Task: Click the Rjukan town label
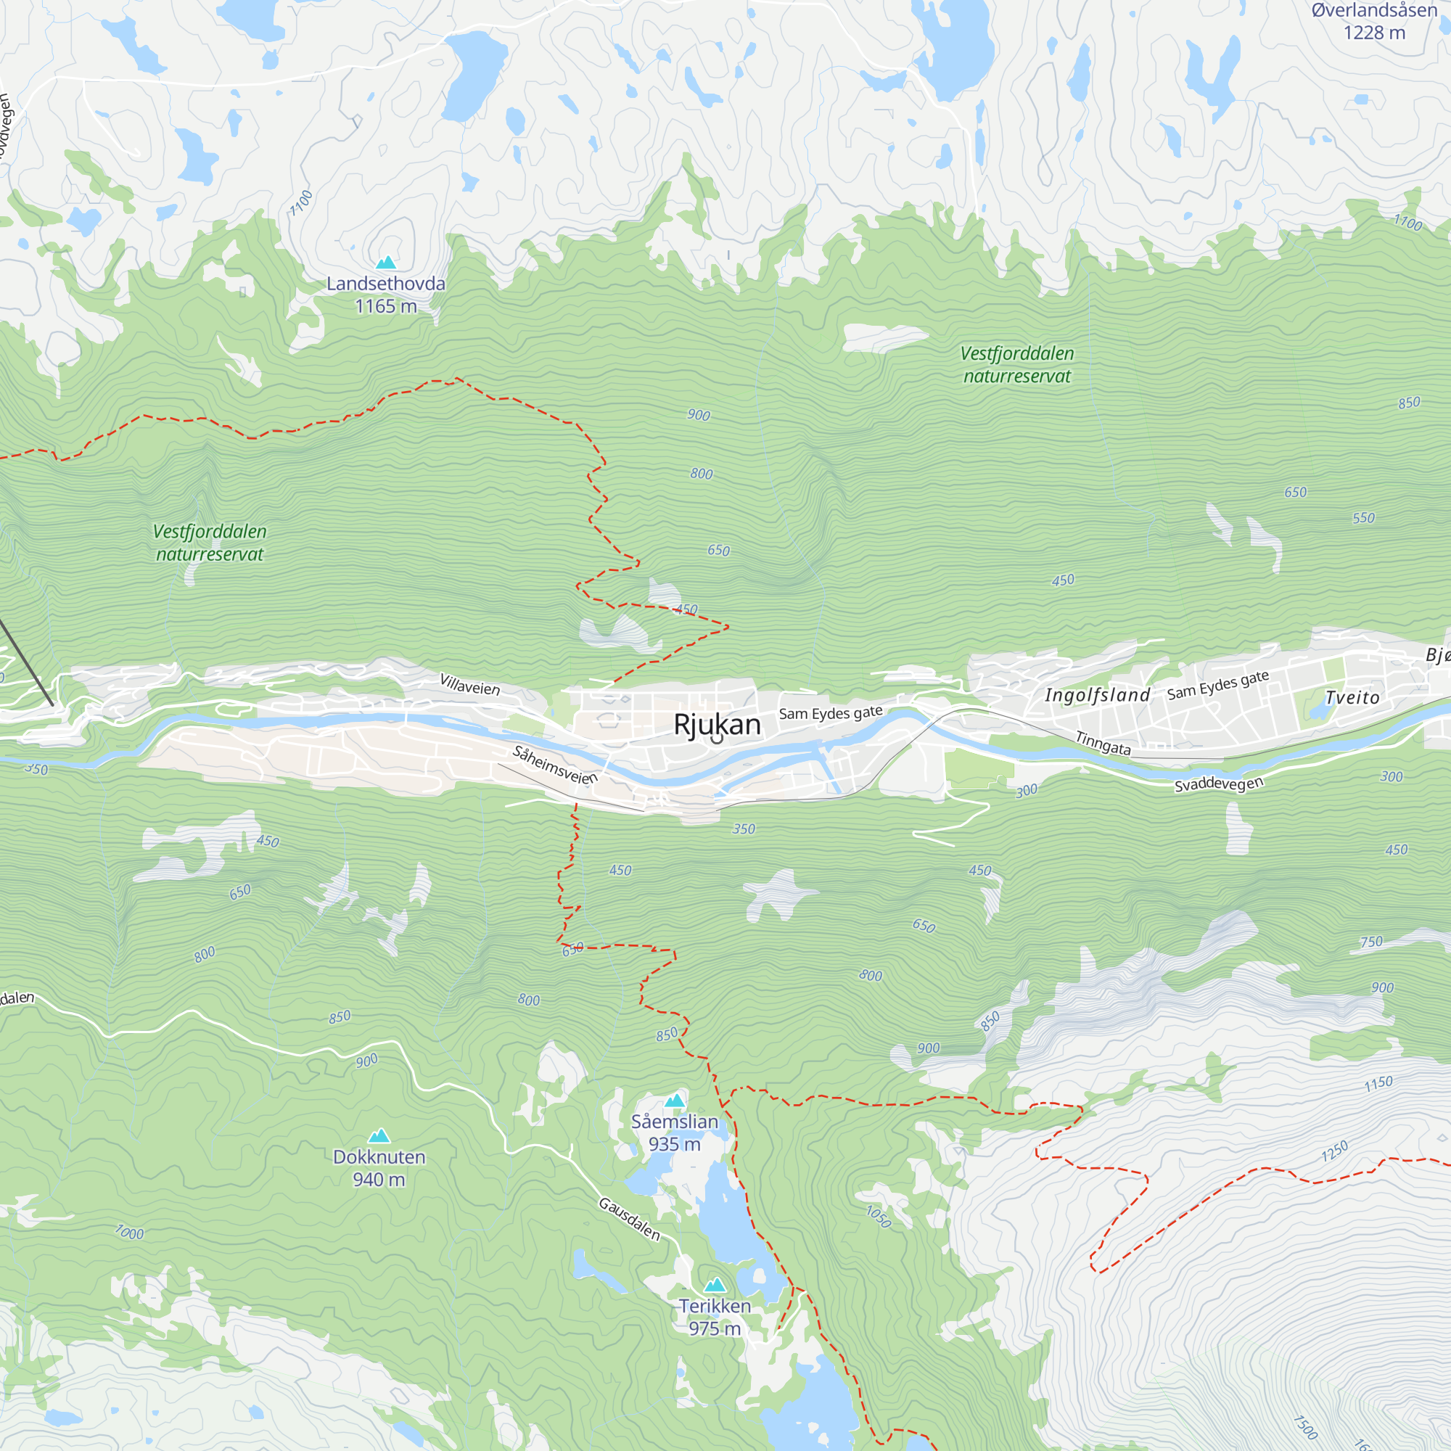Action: (x=717, y=725)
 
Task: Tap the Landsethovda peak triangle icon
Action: (x=386, y=262)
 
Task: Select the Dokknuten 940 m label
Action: (x=379, y=1168)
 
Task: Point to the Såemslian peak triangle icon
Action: (x=675, y=1101)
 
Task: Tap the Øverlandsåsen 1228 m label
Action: (x=1373, y=21)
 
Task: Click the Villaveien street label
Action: (x=469, y=685)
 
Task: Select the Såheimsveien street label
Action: (x=555, y=765)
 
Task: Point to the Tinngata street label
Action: (x=1103, y=743)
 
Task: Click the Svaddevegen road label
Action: (x=1218, y=784)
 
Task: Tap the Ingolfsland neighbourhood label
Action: (x=1097, y=695)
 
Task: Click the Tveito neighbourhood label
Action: (x=1352, y=698)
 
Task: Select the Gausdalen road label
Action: (x=629, y=1219)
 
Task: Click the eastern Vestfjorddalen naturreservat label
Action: (x=1017, y=365)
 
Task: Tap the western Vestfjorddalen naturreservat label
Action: (x=210, y=543)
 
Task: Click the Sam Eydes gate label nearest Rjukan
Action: (x=830, y=712)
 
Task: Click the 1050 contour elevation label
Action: (x=878, y=1217)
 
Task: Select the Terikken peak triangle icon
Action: (x=715, y=1285)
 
